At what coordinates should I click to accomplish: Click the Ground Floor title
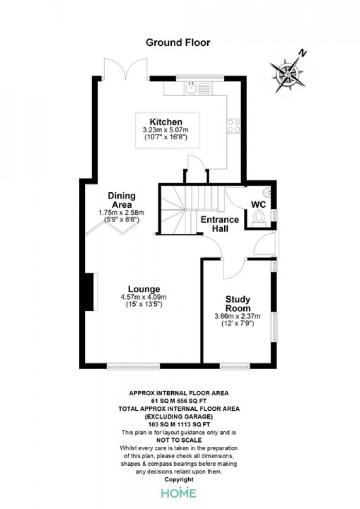tap(178, 43)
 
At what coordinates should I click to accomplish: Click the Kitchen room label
tap(166, 122)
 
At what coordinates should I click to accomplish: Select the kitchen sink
tap(191, 88)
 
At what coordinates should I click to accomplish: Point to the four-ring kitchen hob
tap(233, 126)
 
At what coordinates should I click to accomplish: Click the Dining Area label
tap(121, 201)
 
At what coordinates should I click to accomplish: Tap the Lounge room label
tap(144, 289)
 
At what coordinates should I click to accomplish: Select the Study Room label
tap(238, 303)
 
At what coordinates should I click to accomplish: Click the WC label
tap(258, 205)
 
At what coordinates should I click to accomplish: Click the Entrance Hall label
tap(220, 224)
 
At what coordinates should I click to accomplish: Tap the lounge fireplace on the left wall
tap(91, 292)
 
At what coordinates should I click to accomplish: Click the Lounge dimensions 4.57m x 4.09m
tap(144, 297)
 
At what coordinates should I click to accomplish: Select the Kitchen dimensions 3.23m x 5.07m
tap(166, 130)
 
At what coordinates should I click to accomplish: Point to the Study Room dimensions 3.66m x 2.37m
tap(238, 316)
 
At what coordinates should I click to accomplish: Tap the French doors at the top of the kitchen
tap(125, 69)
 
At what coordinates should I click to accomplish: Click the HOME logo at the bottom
tap(179, 493)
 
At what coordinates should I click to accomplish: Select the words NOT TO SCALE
tap(179, 440)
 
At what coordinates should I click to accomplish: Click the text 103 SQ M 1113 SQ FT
tap(179, 424)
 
